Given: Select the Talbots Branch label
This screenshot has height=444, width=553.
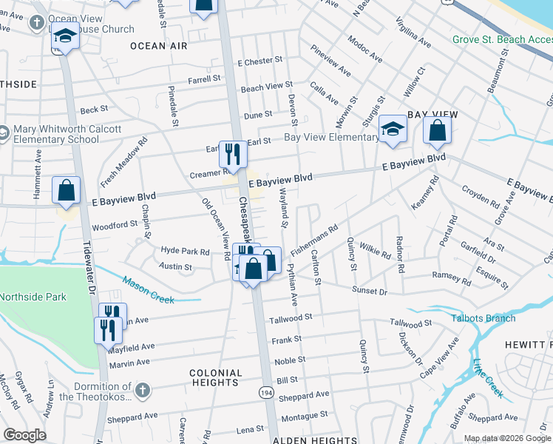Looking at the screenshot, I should (484, 318).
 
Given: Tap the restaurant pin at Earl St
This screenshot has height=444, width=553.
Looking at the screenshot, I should (233, 153).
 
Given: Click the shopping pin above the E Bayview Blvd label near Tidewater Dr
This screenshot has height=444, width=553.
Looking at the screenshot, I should (67, 189).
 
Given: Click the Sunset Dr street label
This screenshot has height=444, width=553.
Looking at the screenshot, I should (369, 292).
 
